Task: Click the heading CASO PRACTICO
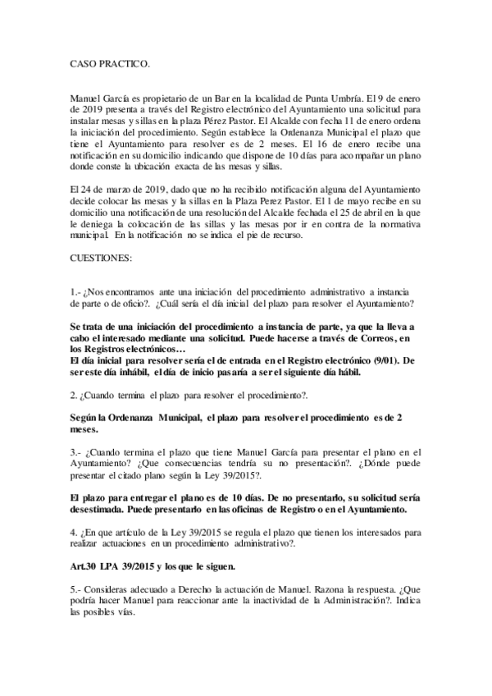point(109,62)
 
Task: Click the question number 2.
point(75,396)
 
